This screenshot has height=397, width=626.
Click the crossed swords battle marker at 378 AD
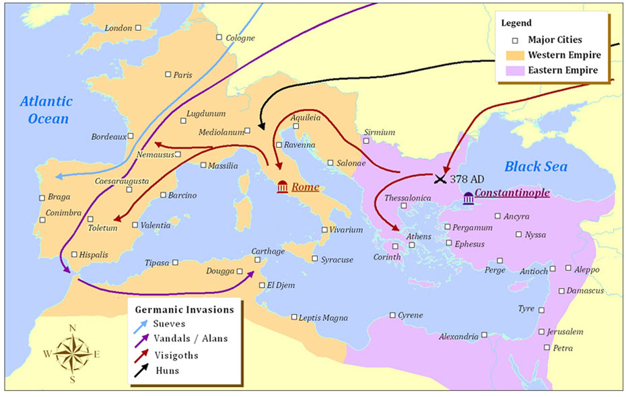coord(440,178)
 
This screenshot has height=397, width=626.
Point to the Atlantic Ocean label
coord(45,110)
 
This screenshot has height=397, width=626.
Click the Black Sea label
coord(536,167)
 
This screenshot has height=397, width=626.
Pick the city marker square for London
coord(137,28)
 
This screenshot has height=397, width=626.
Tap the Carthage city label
coord(268,251)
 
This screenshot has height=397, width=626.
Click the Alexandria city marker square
coord(484,334)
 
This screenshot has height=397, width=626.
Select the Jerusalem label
coord(565,332)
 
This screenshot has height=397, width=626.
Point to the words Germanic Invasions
coord(184,310)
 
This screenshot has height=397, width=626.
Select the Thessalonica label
coord(407,198)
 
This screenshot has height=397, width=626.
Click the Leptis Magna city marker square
coord(294,317)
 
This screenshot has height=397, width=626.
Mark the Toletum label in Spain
coord(102,228)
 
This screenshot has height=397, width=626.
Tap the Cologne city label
coord(240,38)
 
